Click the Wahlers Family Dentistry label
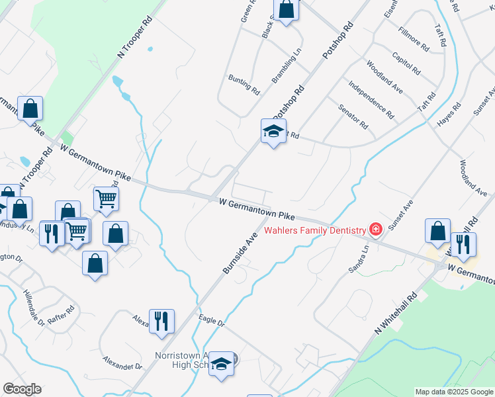coord(315,230)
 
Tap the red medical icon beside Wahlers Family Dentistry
coord(376,230)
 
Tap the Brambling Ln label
coord(286,70)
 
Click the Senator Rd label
coord(352,116)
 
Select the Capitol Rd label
coord(406,64)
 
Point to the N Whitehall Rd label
coord(394,313)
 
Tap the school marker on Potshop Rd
coord(273,131)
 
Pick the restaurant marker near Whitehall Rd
coord(463,244)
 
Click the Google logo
coord(21,389)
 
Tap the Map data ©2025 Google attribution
coord(453,392)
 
